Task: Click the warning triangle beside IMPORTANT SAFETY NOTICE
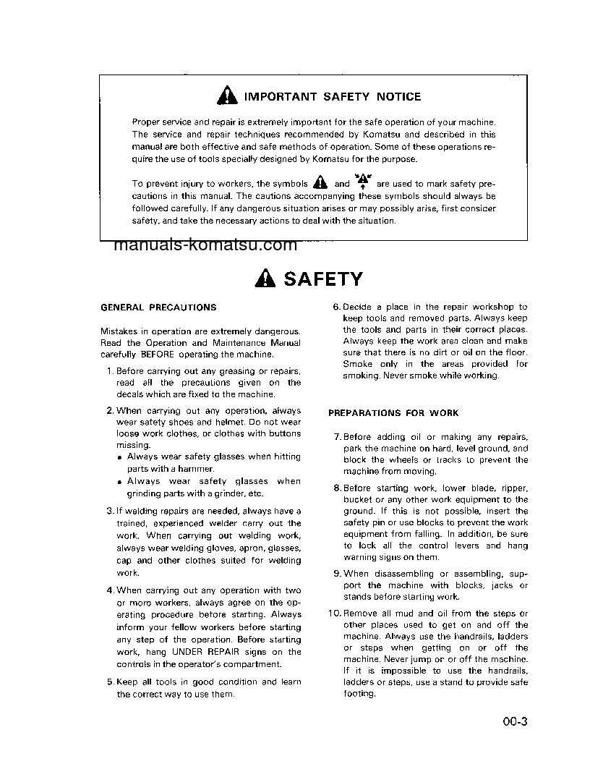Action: [x=227, y=96]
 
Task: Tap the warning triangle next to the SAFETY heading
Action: [x=265, y=279]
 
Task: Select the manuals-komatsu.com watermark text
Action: [x=205, y=245]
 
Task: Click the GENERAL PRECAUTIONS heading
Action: [x=158, y=307]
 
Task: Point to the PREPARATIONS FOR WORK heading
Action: [x=393, y=413]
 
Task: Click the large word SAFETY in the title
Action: [x=323, y=279]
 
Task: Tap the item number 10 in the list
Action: [x=334, y=614]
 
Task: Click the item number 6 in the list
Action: [x=336, y=307]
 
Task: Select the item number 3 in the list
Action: [x=109, y=512]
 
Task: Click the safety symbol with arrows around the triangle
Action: [x=363, y=182]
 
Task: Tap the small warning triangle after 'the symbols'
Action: [x=320, y=184]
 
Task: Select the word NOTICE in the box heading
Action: [x=397, y=96]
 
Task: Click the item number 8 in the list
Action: [x=337, y=488]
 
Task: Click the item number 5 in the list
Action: [x=110, y=682]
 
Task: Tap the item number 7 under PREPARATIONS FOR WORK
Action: [x=337, y=437]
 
